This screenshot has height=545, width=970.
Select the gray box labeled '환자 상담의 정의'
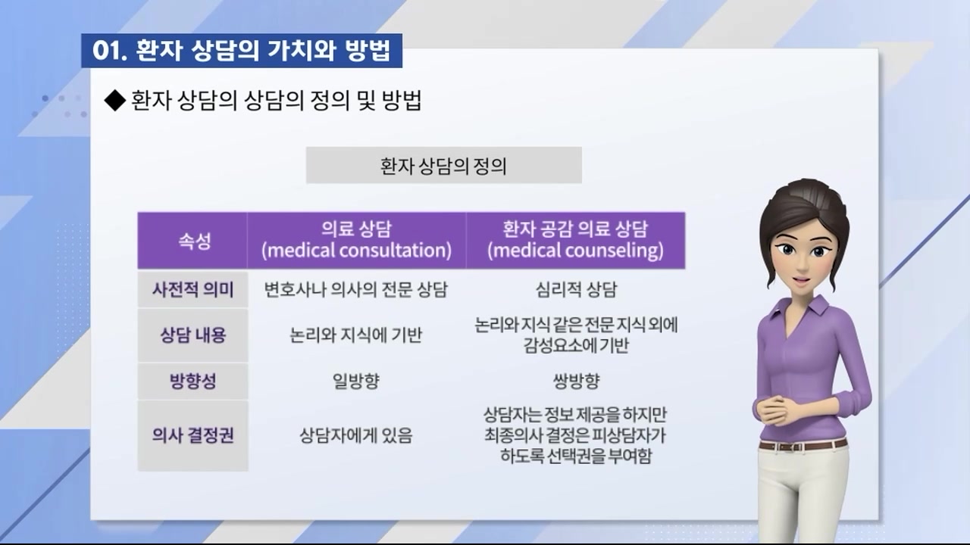tap(443, 165)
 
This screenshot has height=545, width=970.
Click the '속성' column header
tap(192, 241)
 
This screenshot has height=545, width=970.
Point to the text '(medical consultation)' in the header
tap(356, 251)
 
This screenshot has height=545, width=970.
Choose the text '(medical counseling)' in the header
tap(575, 251)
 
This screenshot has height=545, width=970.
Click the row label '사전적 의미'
tap(192, 290)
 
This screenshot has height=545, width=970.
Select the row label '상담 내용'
tap(192, 335)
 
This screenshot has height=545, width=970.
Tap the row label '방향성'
tap(192, 381)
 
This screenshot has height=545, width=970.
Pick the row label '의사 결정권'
tap(192, 435)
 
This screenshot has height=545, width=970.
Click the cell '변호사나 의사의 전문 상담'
tap(356, 290)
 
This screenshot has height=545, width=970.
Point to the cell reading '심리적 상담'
tap(576, 290)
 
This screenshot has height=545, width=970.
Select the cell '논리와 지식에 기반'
tap(356, 335)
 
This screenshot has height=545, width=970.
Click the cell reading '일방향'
tap(356, 381)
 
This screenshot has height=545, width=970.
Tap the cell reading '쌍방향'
tap(576, 381)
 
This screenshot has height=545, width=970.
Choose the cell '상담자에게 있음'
tap(356, 436)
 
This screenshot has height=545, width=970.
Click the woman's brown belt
tap(803, 444)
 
